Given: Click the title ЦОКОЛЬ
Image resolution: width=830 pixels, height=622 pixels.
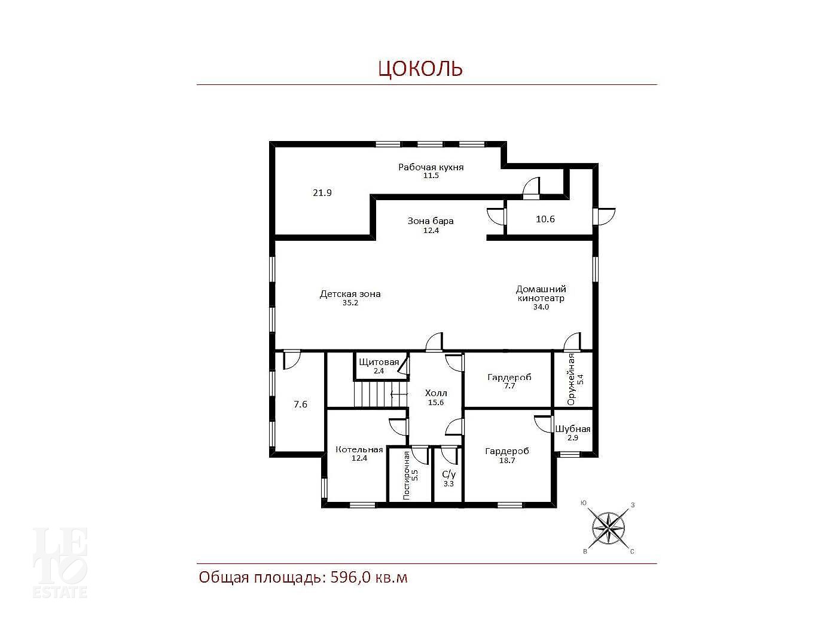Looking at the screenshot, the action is click(x=420, y=69).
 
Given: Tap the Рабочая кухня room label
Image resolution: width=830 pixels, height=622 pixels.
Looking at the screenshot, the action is click(x=431, y=167).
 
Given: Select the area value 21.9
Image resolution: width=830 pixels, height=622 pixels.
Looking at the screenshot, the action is click(x=322, y=192).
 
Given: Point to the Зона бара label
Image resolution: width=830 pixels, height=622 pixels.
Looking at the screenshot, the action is click(x=431, y=221).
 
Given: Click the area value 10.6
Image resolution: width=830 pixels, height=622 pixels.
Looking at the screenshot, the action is click(x=545, y=219).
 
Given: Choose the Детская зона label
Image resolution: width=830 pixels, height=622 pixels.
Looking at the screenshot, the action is click(x=350, y=294).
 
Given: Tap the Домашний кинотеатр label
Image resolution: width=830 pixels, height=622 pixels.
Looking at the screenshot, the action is click(x=541, y=293).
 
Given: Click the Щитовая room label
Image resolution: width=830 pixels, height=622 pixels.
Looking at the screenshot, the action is click(x=379, y=362).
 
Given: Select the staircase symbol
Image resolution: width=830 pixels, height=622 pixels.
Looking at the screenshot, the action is click(x=381, y=394).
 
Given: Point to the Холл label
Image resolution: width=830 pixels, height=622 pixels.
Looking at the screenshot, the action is click(x=436, y=393).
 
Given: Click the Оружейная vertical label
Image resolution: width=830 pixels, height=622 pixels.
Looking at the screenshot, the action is click(x=571, y=379).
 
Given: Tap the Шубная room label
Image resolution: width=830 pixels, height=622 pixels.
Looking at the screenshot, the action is click(x=572, y=429).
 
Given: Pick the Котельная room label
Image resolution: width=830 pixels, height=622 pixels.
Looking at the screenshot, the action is click(x=359, y=449).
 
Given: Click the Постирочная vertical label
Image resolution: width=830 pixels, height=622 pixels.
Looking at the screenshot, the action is click(x=407, y=475).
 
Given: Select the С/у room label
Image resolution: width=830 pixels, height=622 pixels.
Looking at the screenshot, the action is click(x=449, y=474).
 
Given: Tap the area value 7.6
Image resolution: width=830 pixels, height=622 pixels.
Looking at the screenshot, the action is click(x=301, y=405).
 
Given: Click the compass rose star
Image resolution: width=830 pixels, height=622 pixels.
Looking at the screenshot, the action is click(x=608, y=528).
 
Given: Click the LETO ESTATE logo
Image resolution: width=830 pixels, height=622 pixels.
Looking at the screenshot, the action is click(x=60, y=562).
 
